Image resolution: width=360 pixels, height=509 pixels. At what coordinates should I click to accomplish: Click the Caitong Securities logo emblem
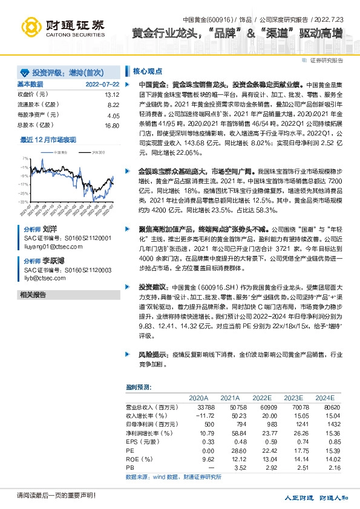tap(30, 27)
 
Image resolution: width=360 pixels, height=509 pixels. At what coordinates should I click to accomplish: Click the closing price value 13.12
tap(112, 95)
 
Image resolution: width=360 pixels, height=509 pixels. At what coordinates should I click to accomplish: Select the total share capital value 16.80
tap(112, 125)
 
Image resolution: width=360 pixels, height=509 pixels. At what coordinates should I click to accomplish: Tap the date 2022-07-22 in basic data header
tap(102, 84)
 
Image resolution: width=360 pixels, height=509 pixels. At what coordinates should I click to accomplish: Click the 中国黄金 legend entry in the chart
tap(60, 152)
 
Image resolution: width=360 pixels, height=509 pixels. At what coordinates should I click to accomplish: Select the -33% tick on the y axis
tap(23, 201)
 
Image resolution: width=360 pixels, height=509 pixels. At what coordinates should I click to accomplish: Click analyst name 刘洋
tap(50, 230)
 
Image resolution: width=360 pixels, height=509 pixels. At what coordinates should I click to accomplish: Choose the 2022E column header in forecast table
tap(262, 398)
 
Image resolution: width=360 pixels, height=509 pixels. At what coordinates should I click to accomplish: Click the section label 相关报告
tap(33, 294)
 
